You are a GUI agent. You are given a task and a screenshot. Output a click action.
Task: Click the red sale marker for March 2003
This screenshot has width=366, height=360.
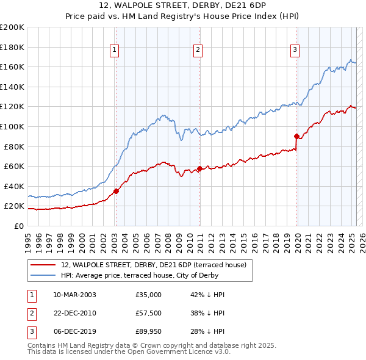click(116, 191)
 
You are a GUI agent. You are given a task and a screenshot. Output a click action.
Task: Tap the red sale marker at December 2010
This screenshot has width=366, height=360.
click(199, 168)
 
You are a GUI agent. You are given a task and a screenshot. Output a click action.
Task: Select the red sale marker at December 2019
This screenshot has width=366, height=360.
click(296, 136)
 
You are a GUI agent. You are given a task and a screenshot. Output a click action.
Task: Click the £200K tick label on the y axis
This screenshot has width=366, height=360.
click(12, 27)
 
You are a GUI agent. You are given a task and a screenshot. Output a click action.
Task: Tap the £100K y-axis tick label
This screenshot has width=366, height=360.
click(12, 126)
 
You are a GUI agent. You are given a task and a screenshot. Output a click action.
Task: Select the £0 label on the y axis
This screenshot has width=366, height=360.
click(18, 226)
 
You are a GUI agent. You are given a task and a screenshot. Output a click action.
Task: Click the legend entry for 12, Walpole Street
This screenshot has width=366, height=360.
click(153, 265)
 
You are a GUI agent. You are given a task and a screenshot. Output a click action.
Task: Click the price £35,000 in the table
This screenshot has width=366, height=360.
click(149, 295)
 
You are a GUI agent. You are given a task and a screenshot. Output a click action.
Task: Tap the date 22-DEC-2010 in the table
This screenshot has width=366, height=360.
click(75, 313)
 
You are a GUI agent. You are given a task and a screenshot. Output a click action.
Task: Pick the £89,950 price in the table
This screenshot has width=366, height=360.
click(149, 331)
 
